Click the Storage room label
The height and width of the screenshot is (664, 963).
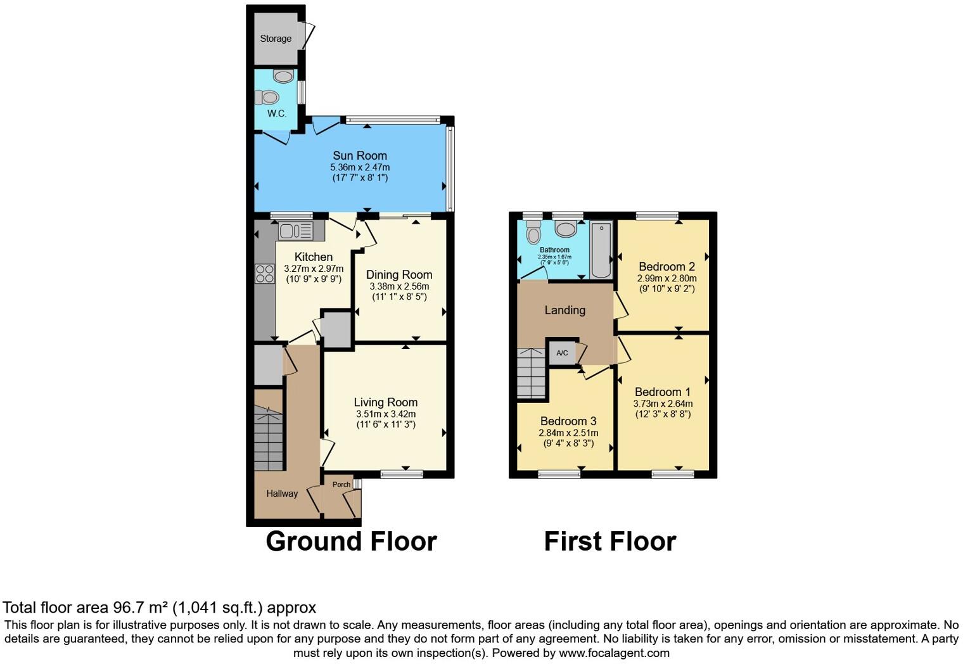click(276, 39)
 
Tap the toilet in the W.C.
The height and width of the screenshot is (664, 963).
click(267, 98)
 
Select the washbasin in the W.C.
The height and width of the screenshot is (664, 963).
click(283, 77)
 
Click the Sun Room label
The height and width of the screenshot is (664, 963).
click(360, 156)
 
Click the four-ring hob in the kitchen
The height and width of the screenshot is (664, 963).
click(265, 274)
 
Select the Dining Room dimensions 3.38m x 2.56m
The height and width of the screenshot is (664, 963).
click(399, 286)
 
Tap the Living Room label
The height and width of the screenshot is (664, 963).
click(385, 402)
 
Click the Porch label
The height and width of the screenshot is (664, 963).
click(341, 485)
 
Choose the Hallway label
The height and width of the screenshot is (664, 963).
click(282, 494)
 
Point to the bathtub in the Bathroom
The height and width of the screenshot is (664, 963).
click(601, 250)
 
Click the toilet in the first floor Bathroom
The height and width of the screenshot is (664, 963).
click(533, 233)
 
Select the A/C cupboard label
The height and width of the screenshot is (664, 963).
click(562, 353)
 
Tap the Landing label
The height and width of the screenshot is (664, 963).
click(564, 310)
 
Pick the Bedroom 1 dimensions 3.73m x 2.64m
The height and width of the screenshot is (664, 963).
click(663, 404)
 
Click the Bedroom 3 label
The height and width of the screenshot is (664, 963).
click(568, 421)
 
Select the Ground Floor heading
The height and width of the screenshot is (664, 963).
click(351, 542)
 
